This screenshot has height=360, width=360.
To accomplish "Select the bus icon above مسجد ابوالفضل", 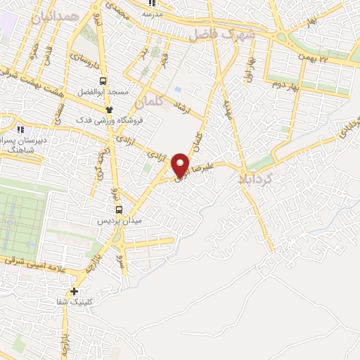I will click(104, 81).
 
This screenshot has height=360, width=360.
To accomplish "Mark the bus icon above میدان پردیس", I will click(119, 209).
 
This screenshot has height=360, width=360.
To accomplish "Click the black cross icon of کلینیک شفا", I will click(74, 291).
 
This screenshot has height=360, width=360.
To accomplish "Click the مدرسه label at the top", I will click(153, 13).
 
